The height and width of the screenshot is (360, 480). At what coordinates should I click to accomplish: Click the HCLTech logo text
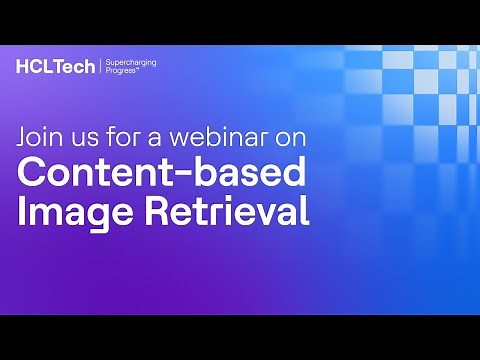coord(56,67)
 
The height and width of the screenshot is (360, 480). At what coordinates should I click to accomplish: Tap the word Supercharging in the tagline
coord(131,62)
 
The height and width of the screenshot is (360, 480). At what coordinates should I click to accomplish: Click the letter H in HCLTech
coord(22,67)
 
